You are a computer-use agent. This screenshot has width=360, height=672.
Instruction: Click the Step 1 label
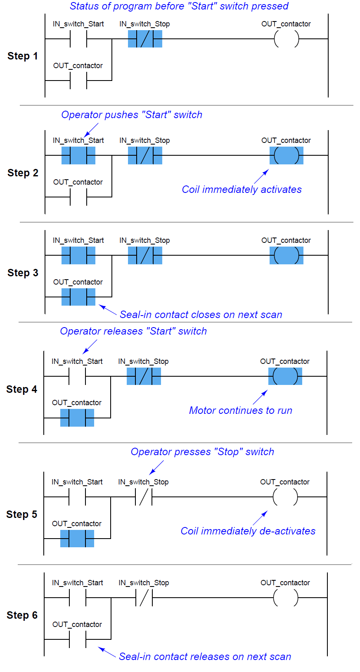(22, 56)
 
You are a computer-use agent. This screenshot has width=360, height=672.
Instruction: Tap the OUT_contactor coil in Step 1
(286, 39)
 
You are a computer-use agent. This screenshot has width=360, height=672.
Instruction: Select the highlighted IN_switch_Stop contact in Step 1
(145, 39)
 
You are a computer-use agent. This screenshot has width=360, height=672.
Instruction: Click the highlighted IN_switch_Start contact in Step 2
(78, 156)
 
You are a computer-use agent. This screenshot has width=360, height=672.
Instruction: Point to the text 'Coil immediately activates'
(242, 190)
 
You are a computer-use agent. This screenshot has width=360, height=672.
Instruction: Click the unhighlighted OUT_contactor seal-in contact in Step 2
(78, 197)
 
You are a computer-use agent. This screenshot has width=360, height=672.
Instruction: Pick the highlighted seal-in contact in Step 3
(78, 297)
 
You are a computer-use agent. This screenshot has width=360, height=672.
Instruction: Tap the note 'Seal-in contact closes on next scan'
(201, 315)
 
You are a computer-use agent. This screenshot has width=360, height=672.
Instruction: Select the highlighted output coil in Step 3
(286, 256)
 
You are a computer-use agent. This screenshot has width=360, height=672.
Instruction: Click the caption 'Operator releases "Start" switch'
(133, 331)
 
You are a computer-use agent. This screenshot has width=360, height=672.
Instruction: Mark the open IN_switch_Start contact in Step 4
(77, 376)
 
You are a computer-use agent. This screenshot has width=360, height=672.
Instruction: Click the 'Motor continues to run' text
(241, 411)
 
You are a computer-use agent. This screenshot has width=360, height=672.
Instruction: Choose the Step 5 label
(21, 515)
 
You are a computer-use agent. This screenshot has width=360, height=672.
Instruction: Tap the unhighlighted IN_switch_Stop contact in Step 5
(144, 497)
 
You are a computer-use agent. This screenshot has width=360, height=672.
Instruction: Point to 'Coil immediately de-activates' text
(248, 531)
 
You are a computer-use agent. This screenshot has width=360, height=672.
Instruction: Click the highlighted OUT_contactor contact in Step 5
(77, 539)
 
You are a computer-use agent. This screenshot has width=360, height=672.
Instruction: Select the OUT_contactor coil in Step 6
(285, 598)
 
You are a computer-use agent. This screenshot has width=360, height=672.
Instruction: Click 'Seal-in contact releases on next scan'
(205, 657)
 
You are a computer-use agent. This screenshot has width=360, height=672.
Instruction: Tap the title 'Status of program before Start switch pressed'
(179, 6)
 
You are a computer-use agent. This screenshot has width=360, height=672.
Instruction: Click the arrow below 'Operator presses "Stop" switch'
(156, 467)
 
